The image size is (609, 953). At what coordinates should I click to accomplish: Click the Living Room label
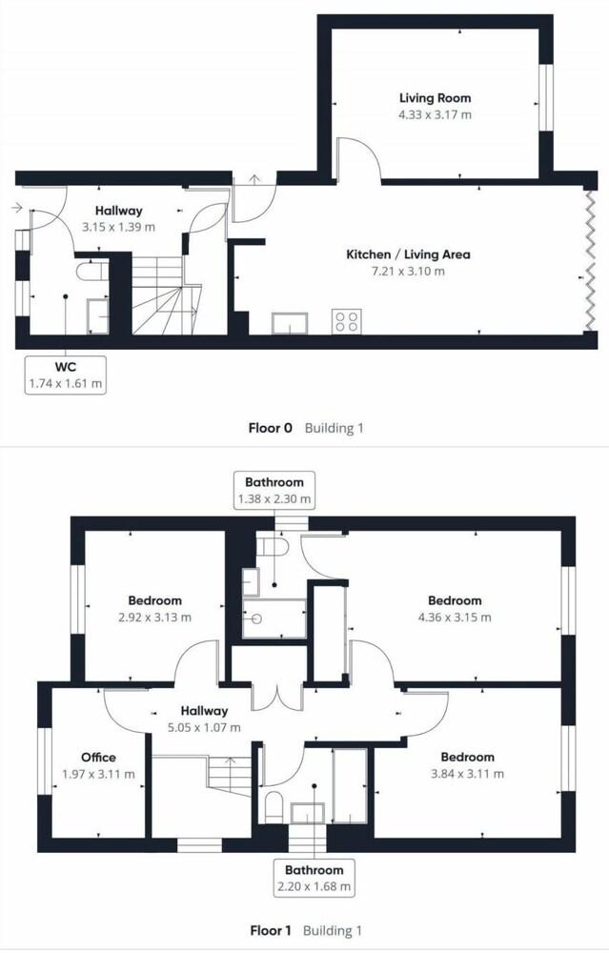coord(435,98)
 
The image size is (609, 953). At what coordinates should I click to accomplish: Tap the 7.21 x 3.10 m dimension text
coord(408,271)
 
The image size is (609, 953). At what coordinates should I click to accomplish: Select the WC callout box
coord(66,375)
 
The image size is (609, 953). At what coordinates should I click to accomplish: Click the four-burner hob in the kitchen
coord(347,321)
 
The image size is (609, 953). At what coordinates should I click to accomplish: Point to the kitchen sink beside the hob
coord(290,323)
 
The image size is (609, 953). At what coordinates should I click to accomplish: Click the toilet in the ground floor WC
coord(91,271)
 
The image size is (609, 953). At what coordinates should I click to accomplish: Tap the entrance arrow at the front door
coord(16,208)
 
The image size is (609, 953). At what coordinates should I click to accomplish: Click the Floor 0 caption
coord(270,428)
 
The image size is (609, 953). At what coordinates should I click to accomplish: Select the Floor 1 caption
coord(271,930)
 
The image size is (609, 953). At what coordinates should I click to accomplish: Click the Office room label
coord(98,758)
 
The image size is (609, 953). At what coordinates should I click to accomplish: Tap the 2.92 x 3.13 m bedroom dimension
coord(154,618)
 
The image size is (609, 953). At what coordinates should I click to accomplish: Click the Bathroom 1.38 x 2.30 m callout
coord(274,490)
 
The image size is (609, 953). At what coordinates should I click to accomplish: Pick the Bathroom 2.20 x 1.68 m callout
coord(315,878)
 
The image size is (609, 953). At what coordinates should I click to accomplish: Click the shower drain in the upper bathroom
coord(256,618)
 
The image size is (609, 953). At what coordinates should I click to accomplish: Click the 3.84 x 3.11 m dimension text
coord(467,774)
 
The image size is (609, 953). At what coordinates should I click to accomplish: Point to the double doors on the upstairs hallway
coord(277,696)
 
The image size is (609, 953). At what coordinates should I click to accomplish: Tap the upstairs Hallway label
coord(204,711)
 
